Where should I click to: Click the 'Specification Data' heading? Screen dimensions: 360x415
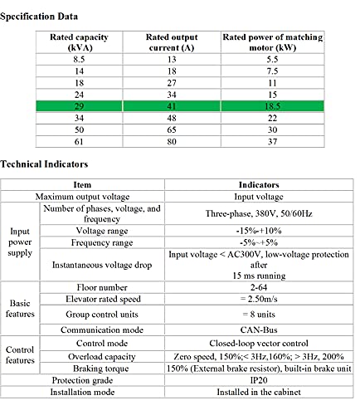pyautogui.click(x=39, y=17)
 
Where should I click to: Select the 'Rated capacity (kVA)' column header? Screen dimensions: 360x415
pyautogui.click(x=79, y=42)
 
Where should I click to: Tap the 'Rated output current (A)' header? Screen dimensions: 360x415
pyautogui.click(x=172, y=42)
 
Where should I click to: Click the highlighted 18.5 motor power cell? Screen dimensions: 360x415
pyautogui.click(x=272, y=106)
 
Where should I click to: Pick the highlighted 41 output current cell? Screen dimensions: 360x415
pyautogui.click(x=172, y=106)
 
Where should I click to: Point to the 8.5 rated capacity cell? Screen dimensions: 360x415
pyautogui.click(x=79, y=60)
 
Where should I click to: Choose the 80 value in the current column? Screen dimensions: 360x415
pyautogui.click(x=172, y=142)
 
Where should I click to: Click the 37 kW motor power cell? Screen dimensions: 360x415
pyautogui.click(x=272, y=142)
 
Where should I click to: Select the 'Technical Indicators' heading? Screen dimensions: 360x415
pyautogui.click(x=44, y=164)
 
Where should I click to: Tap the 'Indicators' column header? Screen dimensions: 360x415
pyautogui.click(x=259, y=185)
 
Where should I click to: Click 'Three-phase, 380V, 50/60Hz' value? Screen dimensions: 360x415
pyautogui.click(x=259, y=213)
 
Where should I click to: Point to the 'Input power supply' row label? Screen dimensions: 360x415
pyautogui.click(x=20, y=242)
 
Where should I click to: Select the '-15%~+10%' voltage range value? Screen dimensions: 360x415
pyautogui.click(x=259, y=231)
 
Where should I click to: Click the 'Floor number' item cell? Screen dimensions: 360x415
pyautogui.click(x=102, y=287)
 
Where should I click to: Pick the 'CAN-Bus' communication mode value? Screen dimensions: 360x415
pyautogui.click(x=259, y=330)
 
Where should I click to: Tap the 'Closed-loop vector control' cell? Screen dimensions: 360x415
pyautogui.click(x=259, y=344)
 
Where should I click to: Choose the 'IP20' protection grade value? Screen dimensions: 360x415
pyautogui.click(x=259, y=380)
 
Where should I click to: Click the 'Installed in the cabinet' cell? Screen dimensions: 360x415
pyautogui.click(x=259, y=392)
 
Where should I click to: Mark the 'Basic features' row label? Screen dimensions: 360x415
pyautogui.click(x=20, y=309)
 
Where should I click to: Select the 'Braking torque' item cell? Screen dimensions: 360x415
pyautogui.click(x=101, y=369)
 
